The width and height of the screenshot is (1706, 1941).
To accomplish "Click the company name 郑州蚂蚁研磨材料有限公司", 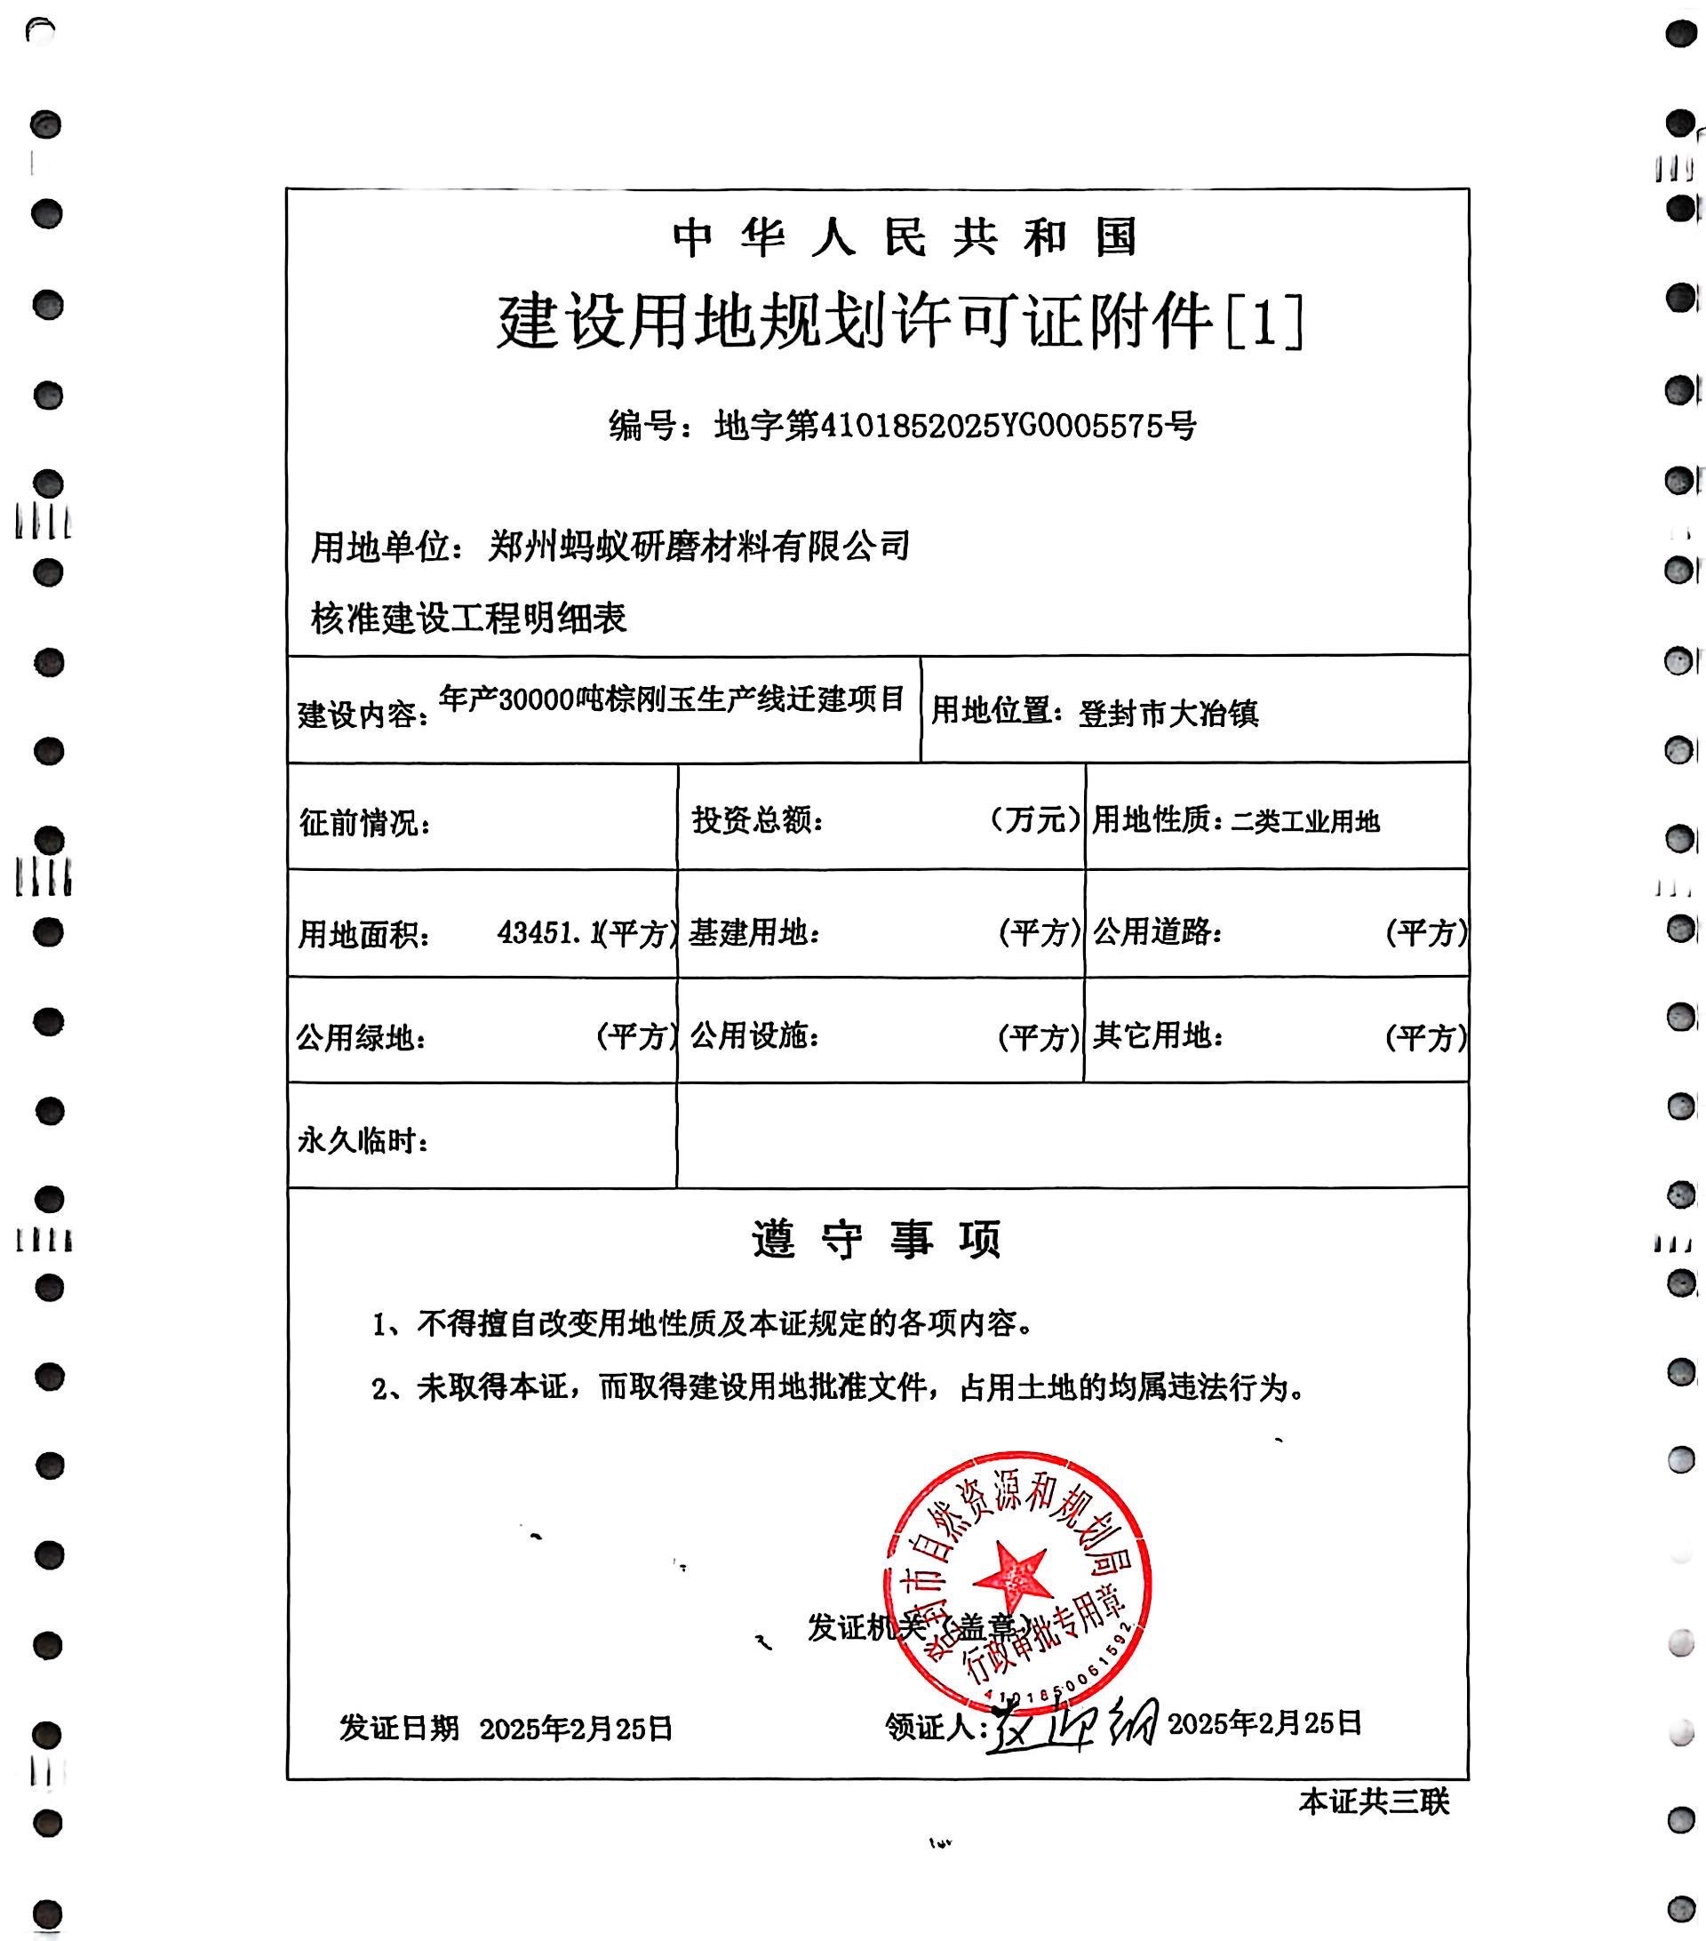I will pyautogui.click(x=698, y=546).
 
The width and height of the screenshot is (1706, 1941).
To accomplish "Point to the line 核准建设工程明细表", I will pyautogui.click(x=469, y=619).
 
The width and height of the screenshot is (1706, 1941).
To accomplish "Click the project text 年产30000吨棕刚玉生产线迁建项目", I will pyautogui.click(x=671, y=699).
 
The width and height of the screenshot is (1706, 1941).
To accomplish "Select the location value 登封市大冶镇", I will pyautogui.click(x=1168, y=713).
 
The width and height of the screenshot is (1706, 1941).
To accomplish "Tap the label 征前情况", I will pyautogui.click(x=364, y=822).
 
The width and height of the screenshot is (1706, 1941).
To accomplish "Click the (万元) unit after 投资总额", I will pyautogui.click(x=1034, y=819).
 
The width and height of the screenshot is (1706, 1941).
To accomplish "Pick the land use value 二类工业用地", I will pyautogui.click(x=1304, y=820).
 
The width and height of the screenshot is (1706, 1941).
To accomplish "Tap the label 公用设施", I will pyautogui.click(x=753, y=1036).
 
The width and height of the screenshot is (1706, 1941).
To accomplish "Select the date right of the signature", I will pyautogui.click(x=1264, y=1722).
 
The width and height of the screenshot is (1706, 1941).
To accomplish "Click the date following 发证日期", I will pyautogui.click(x=575, y=1729).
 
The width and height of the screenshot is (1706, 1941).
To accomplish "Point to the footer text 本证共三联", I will pyautogui.click(x=1373, y=1801).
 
